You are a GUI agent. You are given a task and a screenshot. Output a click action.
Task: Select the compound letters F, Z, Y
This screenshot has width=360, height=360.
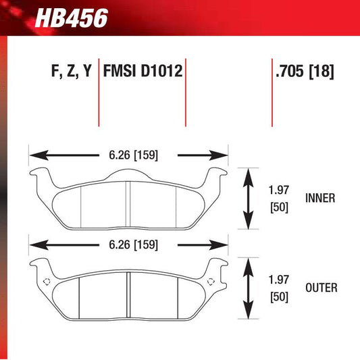[x=70, y=71]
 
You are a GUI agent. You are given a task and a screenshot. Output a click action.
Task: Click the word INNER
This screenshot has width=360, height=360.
[x=320, y=199]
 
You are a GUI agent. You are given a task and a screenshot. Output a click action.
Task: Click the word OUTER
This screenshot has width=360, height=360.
[x=321, y=288]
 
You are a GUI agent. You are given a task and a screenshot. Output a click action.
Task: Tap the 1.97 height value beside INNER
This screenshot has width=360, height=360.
[x=278, y=190]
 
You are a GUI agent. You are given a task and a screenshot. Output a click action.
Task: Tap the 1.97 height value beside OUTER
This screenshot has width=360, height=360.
[x=278, y=279]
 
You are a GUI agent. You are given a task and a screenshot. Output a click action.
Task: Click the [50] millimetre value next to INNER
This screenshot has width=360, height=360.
[x=278, y=207]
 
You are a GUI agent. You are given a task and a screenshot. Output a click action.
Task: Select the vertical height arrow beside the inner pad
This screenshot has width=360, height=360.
[x=248, y=199]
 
